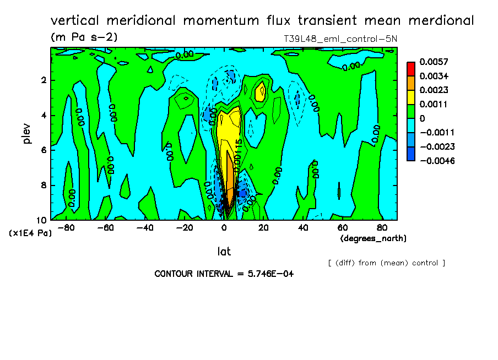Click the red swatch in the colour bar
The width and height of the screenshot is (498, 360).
(410, 68)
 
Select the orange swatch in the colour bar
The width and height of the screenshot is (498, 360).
(410, 83)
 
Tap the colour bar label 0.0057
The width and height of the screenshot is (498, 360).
(434, 61)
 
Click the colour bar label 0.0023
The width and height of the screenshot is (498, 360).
(434, 90)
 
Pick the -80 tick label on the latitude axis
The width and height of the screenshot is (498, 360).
(66, 227)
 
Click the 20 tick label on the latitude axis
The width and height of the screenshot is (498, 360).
(263, 227)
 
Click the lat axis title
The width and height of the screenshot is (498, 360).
(224, 252)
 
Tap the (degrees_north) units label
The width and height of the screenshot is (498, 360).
(373, 238)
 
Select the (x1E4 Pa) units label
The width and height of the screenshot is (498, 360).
(30, 233)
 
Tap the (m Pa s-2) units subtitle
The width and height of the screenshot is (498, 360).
(84, 37)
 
